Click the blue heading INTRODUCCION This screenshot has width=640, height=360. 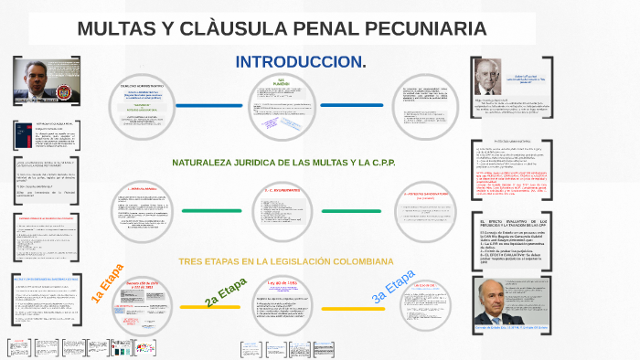[x=300, y=62]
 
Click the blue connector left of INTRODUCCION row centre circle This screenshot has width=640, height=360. [x=209, y=105]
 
